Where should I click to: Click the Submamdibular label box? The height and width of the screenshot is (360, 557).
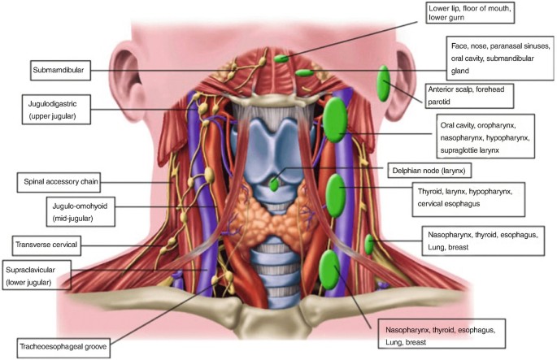coord(60,70)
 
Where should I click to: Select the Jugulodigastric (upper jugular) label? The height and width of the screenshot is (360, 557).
coord(56,109)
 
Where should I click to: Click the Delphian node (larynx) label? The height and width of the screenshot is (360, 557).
coord(429,171)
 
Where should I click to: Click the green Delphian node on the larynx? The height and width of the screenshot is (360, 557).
coord(275,184)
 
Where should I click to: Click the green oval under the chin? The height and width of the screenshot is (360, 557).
coord(281,58)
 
